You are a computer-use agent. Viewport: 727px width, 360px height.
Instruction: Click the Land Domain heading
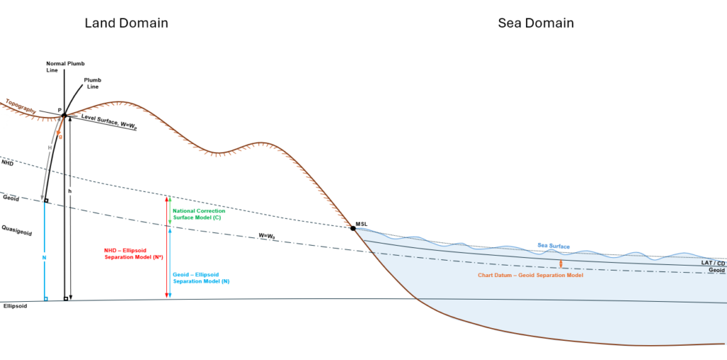(126, 23)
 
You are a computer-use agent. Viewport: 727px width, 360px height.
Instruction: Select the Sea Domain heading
(535, 23)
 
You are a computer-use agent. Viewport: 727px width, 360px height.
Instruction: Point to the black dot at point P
(64, 115)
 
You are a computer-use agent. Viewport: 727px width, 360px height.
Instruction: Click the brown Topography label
(21, 107)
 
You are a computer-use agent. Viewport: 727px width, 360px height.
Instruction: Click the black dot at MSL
(353, 228)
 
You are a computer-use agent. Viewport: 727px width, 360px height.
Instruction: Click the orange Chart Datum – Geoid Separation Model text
(530, 275)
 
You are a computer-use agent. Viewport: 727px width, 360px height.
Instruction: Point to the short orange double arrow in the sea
(561, 263)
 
